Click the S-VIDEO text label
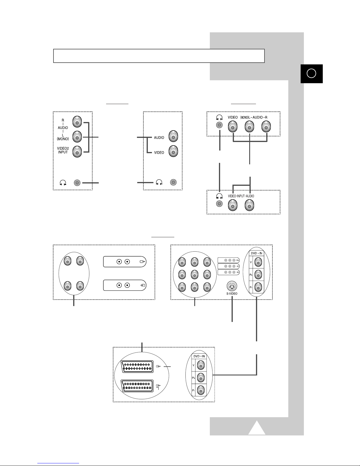point(232,294)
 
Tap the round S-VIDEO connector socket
point(232,286)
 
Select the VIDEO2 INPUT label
point(63,150)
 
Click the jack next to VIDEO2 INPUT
point(77,152)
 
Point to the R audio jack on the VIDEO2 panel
point(77,122)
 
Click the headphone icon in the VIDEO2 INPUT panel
point(63,183)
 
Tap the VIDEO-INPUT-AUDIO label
point(241,196)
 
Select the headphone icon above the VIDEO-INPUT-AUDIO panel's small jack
point(219,196)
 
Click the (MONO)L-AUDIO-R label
point(254,117)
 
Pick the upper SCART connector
point(137,367)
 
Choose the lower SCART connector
point(137,386)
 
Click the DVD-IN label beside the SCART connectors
point(199,356)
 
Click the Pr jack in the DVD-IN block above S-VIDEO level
point(258,287)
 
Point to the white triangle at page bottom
point(257,427)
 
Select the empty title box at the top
point(159,56)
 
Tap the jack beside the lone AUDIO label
point(173,136)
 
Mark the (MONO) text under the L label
point(63,139)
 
